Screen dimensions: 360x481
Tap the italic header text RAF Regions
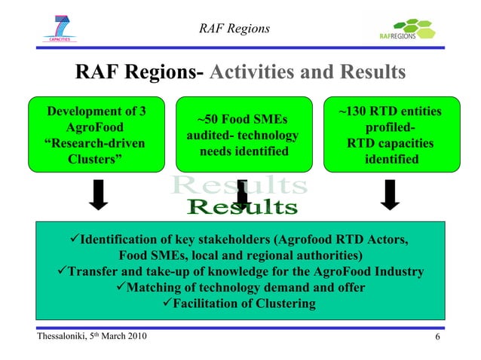234,29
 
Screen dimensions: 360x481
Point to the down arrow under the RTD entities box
390,194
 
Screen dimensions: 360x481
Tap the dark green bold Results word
242,206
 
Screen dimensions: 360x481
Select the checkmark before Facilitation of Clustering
167,304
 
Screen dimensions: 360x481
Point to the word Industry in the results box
397,272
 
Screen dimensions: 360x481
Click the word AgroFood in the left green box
96,128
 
